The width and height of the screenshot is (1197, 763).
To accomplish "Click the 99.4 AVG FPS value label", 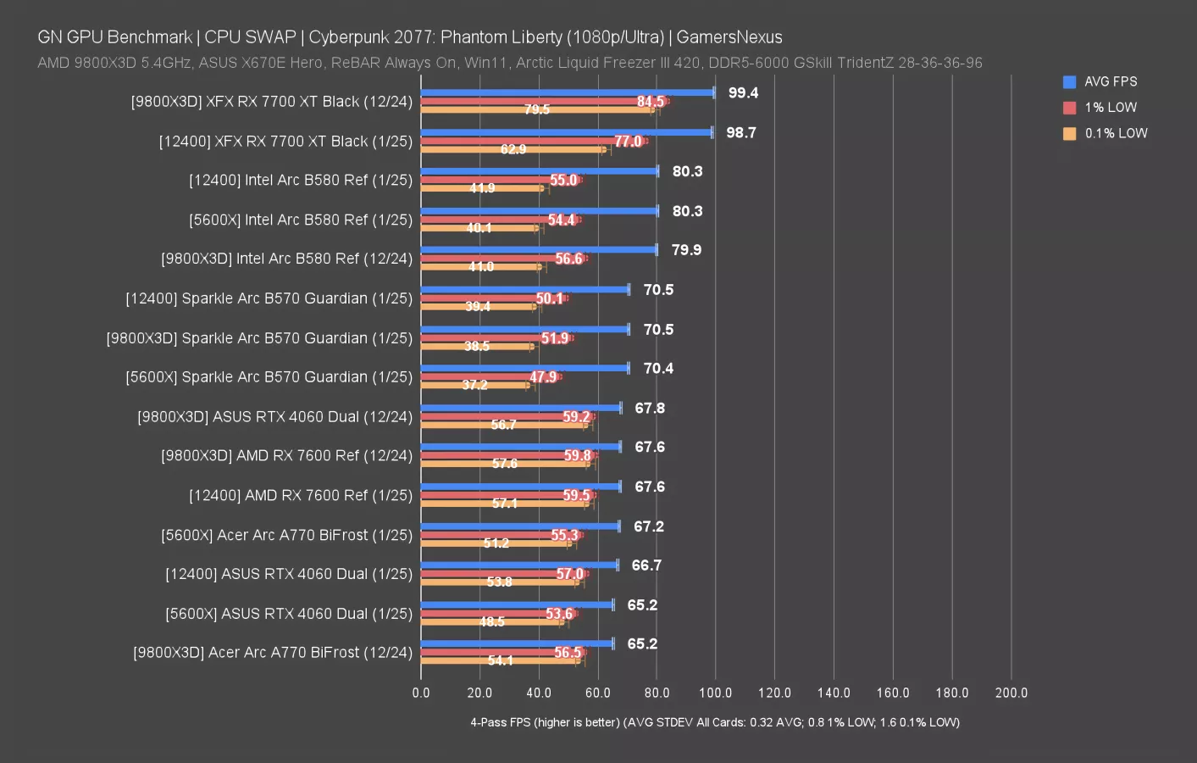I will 743,93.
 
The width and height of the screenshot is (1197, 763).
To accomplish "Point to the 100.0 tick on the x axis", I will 715,693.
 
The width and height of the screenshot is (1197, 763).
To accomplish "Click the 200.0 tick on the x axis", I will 1011,693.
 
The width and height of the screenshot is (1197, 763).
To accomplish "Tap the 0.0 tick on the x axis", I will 421,693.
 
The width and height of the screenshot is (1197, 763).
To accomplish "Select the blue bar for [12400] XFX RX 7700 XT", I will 566,132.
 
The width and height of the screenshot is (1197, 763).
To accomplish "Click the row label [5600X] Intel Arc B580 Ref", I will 301,220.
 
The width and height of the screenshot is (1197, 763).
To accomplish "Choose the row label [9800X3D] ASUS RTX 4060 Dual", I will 274,417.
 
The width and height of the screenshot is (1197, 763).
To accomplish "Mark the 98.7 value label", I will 741,133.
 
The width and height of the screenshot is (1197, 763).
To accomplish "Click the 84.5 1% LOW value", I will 651,102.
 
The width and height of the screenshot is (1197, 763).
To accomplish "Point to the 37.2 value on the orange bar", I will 474,385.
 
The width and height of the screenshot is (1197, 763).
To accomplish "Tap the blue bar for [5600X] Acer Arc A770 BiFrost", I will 520,526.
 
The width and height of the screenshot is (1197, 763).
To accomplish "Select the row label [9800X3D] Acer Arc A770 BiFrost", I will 273,653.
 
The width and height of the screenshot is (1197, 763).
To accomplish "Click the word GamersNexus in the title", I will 729,37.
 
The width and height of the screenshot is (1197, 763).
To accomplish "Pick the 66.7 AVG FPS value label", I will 646,565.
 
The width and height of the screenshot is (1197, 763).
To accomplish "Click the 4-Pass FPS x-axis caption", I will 714,722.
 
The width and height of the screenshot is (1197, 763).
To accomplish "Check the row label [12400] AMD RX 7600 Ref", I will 301,495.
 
